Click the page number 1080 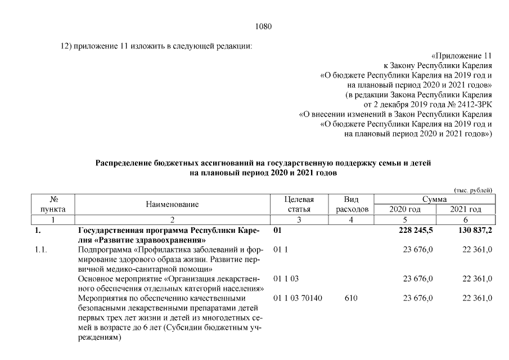263,26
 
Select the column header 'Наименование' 172,205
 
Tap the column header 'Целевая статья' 299,204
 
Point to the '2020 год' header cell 405,209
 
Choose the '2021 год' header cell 466,209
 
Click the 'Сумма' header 434,200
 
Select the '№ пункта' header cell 55,204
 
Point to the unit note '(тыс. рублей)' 473,190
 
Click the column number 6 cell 466,219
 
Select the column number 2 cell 172,219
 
